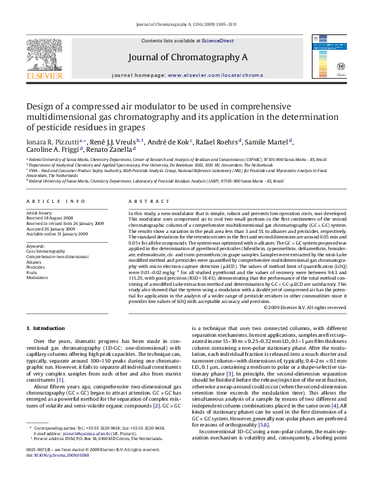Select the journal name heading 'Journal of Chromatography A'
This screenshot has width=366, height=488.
pos(188,57)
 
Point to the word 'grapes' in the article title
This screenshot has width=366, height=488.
pos(131,128)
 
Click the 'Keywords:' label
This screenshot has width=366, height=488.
pos(38,246)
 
